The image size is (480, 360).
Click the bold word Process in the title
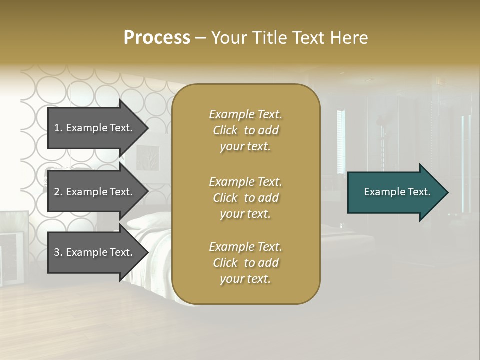(x=157, y=38)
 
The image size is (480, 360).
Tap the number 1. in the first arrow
(x=58, y=128)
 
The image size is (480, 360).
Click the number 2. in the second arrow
(x=58, y=192)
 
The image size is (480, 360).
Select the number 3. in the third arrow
(x=58, y=252)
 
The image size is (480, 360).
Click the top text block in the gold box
(x=245, y=130)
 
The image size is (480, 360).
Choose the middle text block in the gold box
(x=245, y=197)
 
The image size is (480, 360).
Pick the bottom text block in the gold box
(x=245, y=263)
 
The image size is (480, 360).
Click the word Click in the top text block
(x=225, y=130)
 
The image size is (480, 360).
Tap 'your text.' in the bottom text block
(x=245, y=279)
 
